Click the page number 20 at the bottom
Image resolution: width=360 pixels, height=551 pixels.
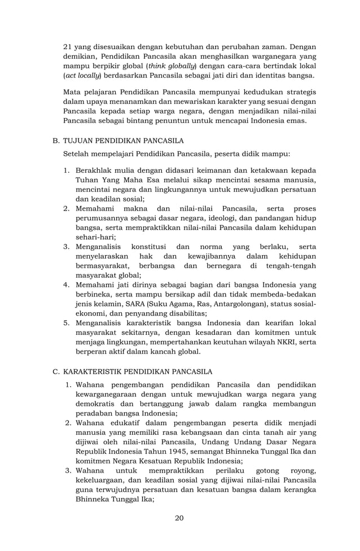point(179,518)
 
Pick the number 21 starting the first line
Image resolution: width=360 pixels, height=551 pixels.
point(68,45)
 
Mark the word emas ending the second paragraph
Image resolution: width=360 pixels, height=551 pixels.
point(296,121)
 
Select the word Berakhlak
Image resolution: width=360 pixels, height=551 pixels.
point(95,170)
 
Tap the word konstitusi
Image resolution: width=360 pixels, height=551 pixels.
point(151,247)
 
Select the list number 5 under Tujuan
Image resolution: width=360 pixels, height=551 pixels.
point(66,322)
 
